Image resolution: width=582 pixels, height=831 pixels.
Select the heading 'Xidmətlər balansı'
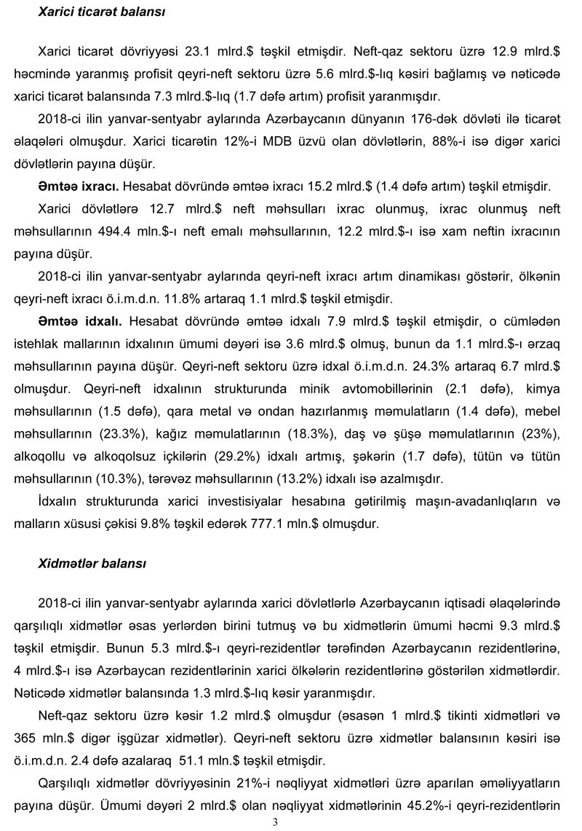tap(92, 564)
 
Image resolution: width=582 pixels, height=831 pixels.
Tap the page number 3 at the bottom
tap(275, 823)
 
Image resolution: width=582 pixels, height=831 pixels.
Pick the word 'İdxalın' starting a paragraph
tap(57, 501)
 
